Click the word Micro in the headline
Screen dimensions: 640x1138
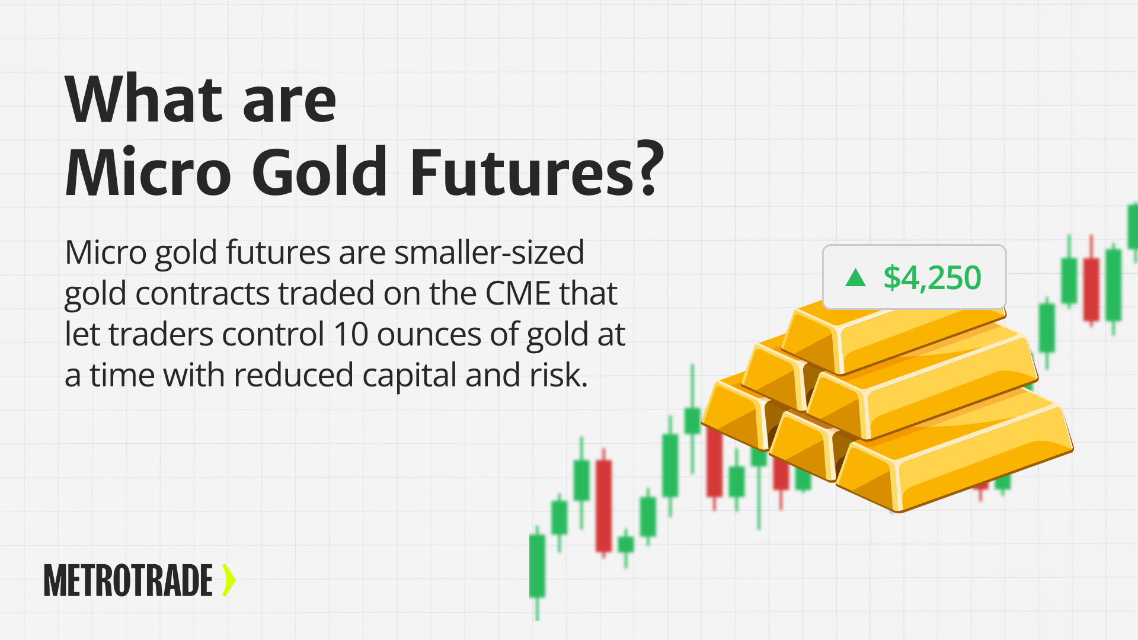pyautogui.click(x=148, y=172)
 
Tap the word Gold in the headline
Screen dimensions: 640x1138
pyautogui.click(x=320, y=172)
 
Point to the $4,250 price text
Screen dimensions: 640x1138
pyautogui.click(x=932, y=277)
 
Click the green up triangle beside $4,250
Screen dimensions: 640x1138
pyautogui.click(x=855, y=277)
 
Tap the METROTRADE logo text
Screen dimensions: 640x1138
pyautogui.click(x=128, y=581)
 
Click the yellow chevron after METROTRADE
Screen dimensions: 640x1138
pyautogui.click(x=229, y=580)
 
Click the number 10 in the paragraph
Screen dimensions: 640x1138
pyautogui.click(x=351, y=334)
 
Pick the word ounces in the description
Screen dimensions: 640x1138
pyautogui.click(x=429, y=334)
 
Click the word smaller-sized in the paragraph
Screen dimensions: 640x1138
pyautogui.click(x=489, y=252)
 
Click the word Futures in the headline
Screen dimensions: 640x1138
pyautogui.click(x=522, y=172)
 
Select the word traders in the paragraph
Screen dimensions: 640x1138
pyautogui.click(x=160, y=334)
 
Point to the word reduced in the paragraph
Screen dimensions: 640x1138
pyautogui.click(x=293, y=375)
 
